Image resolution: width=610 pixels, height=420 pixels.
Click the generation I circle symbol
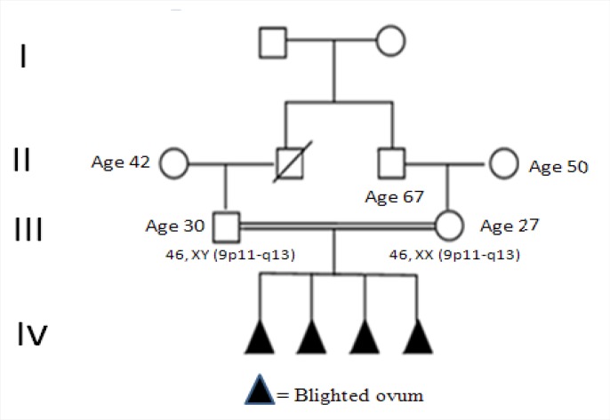(x=390, y=41)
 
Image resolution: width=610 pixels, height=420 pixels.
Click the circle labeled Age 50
(x=503, y=164)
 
